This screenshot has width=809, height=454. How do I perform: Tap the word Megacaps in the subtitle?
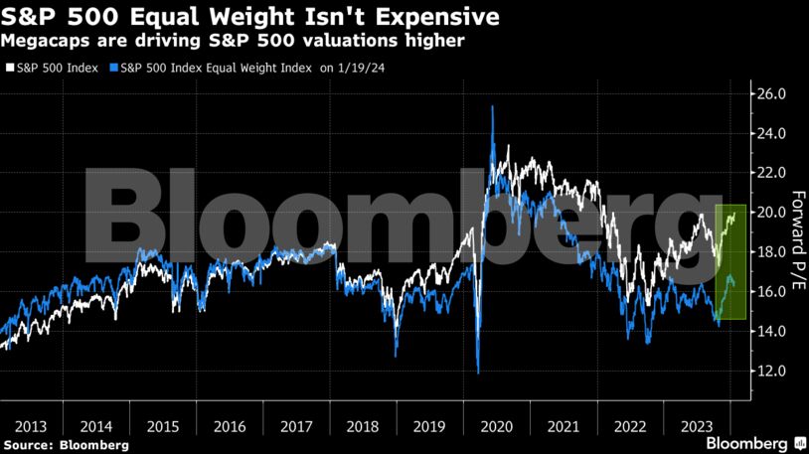click(x=45, y=41)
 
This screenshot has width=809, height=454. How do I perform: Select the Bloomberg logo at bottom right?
click(x=755, y=440)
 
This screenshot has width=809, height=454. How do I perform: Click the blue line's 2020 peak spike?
click(x=493, y=106)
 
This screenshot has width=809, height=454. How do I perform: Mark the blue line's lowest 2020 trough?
click(x=479, y=373)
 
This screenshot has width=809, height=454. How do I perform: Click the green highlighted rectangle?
click(x=730, y=261)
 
